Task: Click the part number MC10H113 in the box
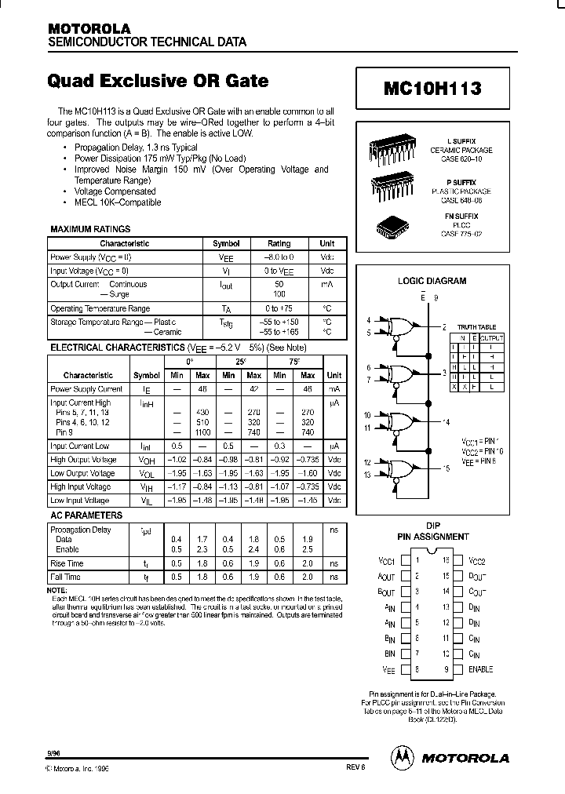point(432,89)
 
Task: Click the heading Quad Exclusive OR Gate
point(157,81)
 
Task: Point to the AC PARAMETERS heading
point(86,515)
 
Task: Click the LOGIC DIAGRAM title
point(432,280)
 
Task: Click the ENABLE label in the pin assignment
point(480,669)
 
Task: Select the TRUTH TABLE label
point(477,327)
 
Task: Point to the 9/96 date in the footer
point(54,752)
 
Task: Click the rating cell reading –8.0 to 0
point(279,257)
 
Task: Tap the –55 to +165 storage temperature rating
point(279,332)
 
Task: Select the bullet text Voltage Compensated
point(115,191)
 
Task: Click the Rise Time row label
point(67,563)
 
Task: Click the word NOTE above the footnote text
point(57,589)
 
